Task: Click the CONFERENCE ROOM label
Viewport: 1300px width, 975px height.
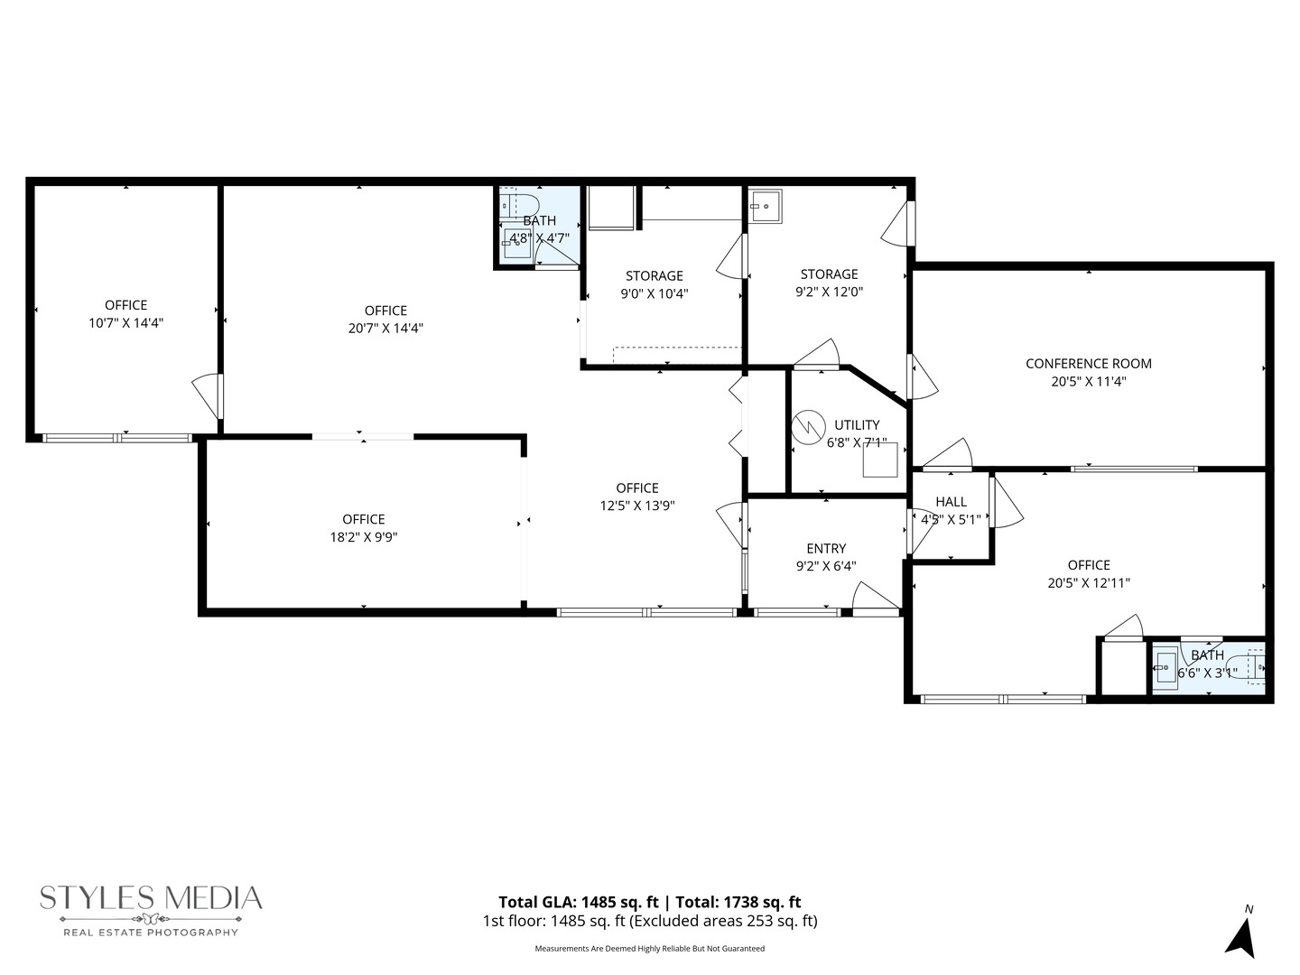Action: pos(1088,364)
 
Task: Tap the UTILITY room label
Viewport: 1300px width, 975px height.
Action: pos(857,425)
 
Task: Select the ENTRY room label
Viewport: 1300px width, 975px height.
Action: pos(826,549)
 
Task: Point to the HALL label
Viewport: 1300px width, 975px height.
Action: pos(951,502)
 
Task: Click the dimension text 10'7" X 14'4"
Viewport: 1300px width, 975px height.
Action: pos(125,323)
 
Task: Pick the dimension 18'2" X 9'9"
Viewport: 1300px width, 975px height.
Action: pos(364,537)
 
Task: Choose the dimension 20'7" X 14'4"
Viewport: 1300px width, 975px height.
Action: pos(385,329)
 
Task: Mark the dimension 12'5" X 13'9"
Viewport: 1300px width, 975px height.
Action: pos(637,506)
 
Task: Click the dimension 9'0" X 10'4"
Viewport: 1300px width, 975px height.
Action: pos(655,293)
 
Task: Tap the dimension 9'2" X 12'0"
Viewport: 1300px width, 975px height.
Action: pos(829,292)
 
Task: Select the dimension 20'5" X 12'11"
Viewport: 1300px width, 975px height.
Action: pos(1089,583)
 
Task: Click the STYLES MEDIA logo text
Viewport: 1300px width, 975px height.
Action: pos(151,898)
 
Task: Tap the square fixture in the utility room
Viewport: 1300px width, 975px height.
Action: pos(880,460)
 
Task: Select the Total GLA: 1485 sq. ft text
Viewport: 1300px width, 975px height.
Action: pos(578,902)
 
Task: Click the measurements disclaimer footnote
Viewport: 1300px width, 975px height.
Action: pos(649,949)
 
